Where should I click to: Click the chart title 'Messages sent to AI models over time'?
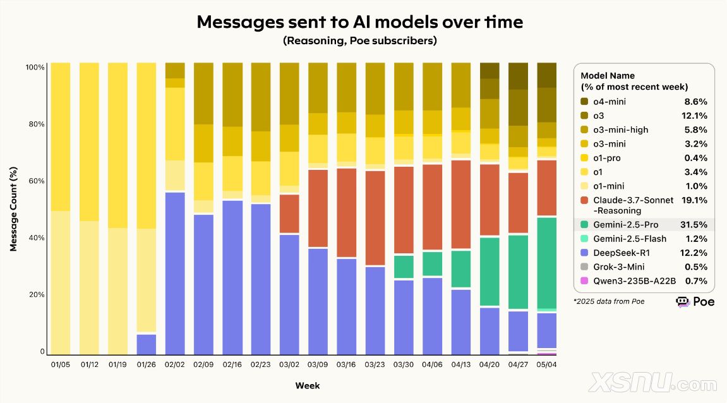click(x=359, y=22)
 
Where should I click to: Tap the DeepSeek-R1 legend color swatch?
click(x=586, y=253)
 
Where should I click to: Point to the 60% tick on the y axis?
click(x=35, y=181)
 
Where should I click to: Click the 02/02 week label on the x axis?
click(x=175, y=365)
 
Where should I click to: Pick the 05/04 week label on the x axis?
click(x=546, y=365)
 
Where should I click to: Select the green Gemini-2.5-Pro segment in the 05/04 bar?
click(x=546, y=262)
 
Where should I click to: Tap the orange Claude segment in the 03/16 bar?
click(x=345, y=212)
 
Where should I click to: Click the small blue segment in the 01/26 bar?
click(x=147, y=344)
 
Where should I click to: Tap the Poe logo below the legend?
click(x=695, y=302)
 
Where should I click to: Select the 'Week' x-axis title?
click(x=307, y=385)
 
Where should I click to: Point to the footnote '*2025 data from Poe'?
click(x=608, y=301)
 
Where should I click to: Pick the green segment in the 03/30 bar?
click(x=403, y=267)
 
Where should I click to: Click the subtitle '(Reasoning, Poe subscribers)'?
click(x=359, y=41)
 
